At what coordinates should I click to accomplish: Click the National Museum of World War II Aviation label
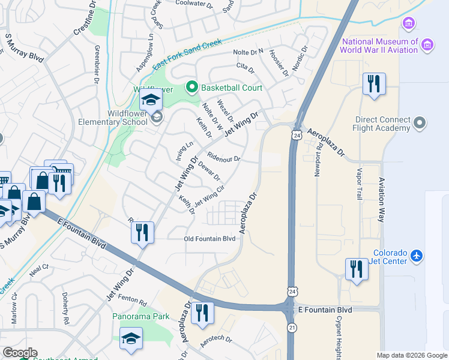pyautogui.click(x=379, y=46)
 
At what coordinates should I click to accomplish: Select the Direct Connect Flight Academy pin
pyautogui.click(x=420, y=124)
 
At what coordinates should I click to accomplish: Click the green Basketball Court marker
pyautogui.click(x=192, y=88)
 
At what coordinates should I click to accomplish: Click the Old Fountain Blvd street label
pyautogui.click(x=209, y=238)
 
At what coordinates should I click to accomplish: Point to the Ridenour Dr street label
pyautogui.click(x=223, y=159)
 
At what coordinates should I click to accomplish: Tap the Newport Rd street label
pyautogui.click(x=318, y=160)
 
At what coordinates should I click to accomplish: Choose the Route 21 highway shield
pyautogui.click(x=292, y=328)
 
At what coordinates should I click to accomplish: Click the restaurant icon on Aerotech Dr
pyautogui.click(x=202, y=313)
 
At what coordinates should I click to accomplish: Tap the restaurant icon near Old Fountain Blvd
pyautogui.click(x=142, y=232)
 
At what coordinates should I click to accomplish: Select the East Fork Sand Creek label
pyautogui.click(x=187, y=53)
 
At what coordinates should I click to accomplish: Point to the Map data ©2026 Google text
pyautogui.click(x=411, y=355)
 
